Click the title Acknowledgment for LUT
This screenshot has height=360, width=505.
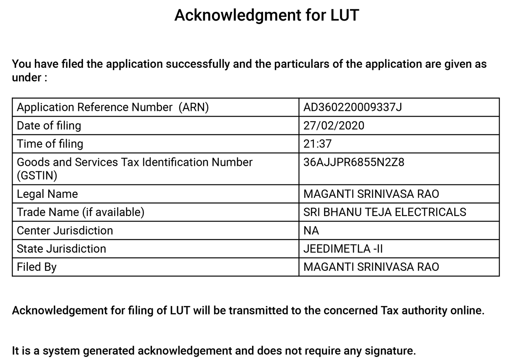(267, 16)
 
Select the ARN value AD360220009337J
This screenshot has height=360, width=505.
(353, 107)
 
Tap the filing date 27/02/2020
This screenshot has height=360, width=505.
(334, 125)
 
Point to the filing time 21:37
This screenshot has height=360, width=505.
(317, 144)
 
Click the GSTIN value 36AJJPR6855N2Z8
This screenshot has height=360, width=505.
(353, 162)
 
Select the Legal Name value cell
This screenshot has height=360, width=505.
(371, 194)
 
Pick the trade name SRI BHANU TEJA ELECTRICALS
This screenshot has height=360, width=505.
(385, 212)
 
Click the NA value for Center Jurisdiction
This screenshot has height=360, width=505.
(311, 231)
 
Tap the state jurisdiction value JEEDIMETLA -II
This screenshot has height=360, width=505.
(343, 249)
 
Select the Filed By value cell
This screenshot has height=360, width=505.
(371, 267)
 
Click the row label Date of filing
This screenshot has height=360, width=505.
(49, 125)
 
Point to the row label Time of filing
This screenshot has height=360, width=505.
(50, 144)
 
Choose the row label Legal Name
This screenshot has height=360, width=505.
(47, 194)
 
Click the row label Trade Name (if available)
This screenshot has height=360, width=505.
(80, 212)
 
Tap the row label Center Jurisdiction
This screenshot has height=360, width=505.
(65, 231)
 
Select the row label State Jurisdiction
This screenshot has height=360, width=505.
(61, 249)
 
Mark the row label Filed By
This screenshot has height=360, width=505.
(37, 267)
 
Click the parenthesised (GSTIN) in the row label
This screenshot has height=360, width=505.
(37, 176)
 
